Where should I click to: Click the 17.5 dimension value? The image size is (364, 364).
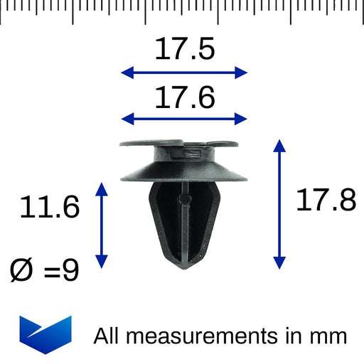tap(184, 50)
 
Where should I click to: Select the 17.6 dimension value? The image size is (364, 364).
tap(184, 97)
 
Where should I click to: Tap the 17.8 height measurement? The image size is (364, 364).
tap(326, 202)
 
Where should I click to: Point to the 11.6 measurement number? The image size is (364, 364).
tap(49, 208)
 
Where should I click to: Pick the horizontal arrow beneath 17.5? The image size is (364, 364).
tap(184, 72)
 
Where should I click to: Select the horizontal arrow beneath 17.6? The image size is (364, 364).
tap(184, 119)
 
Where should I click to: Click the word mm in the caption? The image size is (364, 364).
tap(328, 336)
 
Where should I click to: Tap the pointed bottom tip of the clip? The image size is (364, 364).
tap(183, 267)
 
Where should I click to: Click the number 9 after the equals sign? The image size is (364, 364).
tap(70, 269)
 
